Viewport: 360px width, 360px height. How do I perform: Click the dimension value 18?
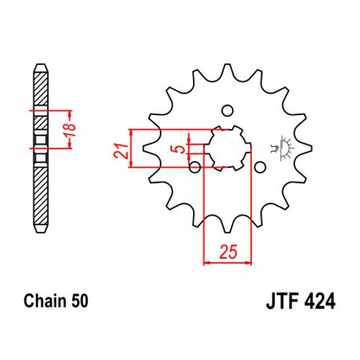71,130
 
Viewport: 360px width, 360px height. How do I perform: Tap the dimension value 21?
120,151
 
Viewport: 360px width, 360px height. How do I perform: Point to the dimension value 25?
228,252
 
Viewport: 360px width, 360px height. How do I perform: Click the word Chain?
45,301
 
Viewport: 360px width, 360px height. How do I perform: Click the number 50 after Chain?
79,301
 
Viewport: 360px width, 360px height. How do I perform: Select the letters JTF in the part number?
282,302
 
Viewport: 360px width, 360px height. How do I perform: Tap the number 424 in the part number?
320,302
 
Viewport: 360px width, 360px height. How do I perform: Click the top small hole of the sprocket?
227,111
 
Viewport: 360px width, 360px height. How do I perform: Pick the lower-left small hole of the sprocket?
195,167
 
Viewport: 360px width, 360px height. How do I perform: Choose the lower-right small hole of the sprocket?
260,167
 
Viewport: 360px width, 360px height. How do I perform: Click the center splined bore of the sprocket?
228,148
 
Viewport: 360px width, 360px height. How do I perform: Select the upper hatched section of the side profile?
41,89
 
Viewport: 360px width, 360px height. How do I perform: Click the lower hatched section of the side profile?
41,196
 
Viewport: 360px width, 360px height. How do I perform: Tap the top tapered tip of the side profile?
41,68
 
